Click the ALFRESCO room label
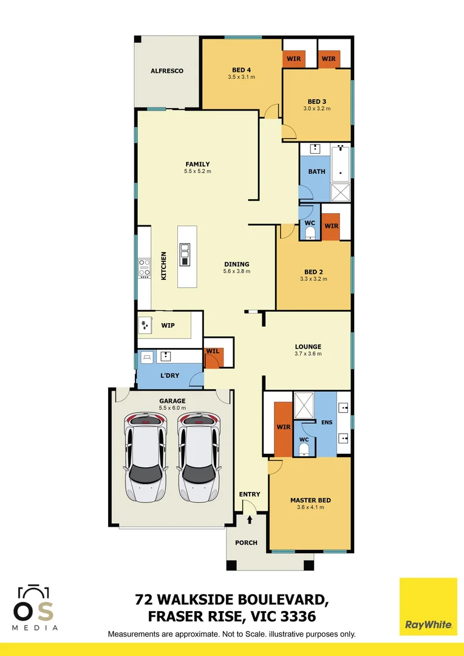pos(167,71)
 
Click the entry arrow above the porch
pos(250,520)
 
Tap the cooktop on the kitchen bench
pos(144,268)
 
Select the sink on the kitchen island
pos(185,255)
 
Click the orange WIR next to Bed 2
pos(330,227)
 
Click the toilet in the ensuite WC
pos(304,449)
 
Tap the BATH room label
pos(316,171)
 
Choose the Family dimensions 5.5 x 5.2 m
pos(197,172)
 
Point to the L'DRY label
pos(169,376)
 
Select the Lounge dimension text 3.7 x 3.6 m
pos(309,354)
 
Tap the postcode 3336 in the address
pos(298,617)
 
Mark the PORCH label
pos(246,542)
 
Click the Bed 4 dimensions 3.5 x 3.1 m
pos(241,77)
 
